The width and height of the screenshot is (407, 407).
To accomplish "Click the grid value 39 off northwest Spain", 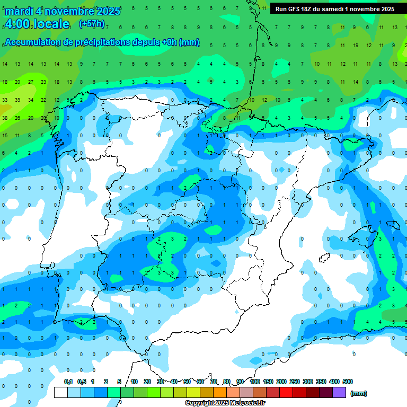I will point(17,100).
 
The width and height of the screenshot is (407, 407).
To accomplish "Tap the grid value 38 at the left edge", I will point(5,118).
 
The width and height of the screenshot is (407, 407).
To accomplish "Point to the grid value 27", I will point(31,82).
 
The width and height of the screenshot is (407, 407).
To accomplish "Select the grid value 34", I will point(31,100).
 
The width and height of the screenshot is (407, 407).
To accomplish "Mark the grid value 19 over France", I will point(356,46).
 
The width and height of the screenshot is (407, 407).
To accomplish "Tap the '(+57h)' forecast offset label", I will point(92,24).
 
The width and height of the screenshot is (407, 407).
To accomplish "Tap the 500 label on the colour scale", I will point(348,382).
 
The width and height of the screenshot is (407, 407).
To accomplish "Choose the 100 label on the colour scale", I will point(254,382).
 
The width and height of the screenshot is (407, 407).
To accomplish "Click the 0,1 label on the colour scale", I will point(68,382).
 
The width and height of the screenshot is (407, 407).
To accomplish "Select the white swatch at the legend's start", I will point(61,392).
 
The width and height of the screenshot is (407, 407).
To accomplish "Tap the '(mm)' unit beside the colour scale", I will point(359,393).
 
